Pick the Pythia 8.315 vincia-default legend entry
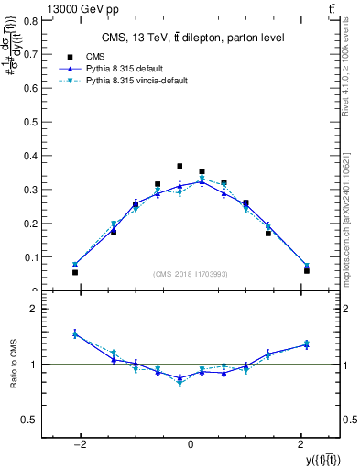136,81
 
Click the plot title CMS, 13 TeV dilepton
191,37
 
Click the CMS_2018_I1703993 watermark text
191,274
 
